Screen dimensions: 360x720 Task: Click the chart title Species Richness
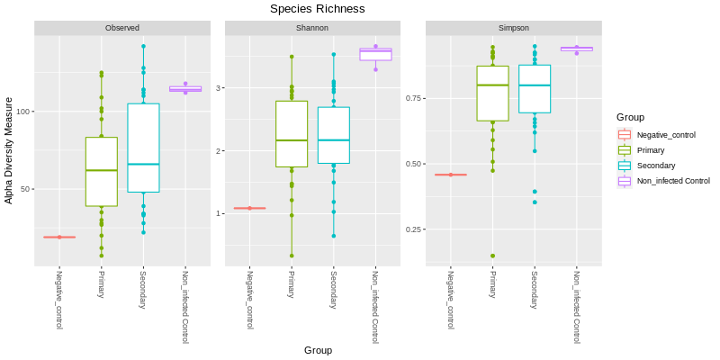coord(318,9)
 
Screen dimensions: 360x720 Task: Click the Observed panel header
coord(121,28)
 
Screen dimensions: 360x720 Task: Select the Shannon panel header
coord(312,28)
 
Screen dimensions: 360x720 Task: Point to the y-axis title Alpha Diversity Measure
coord(9,151)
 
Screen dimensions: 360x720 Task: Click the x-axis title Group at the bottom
coord(318,350)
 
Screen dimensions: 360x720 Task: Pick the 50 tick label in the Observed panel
coord(24,189)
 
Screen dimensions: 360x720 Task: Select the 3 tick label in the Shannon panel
coord(219,88)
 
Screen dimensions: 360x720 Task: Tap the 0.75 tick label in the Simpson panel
coord(409,97)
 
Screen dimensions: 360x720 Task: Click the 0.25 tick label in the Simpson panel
coord(409,229)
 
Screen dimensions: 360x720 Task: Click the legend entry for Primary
coord(652,150)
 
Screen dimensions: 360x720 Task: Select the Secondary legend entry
coord(655,166)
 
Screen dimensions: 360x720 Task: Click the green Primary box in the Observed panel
coord(102,171)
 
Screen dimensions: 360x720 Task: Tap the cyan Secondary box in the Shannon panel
coord(333,135)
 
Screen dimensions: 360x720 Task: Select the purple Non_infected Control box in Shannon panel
coord(375,54)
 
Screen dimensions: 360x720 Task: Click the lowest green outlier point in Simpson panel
coord(492,256)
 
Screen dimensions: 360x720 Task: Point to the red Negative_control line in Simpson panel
coord(450,175)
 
